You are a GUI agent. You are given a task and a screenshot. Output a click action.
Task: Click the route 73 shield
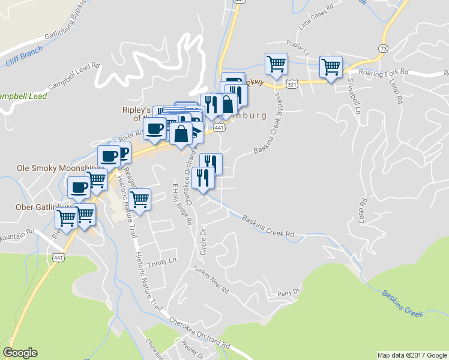[384, 47]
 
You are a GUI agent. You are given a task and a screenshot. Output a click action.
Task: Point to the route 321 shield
[292, 85]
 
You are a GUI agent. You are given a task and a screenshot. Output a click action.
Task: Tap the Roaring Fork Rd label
[383, 72]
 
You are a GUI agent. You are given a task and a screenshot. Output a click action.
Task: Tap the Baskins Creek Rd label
[268, 226]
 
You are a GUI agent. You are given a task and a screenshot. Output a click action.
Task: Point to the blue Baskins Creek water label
[402, 303]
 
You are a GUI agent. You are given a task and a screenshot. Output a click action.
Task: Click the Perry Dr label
[288, 293]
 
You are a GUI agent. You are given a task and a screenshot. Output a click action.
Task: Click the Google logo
[20, 353]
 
